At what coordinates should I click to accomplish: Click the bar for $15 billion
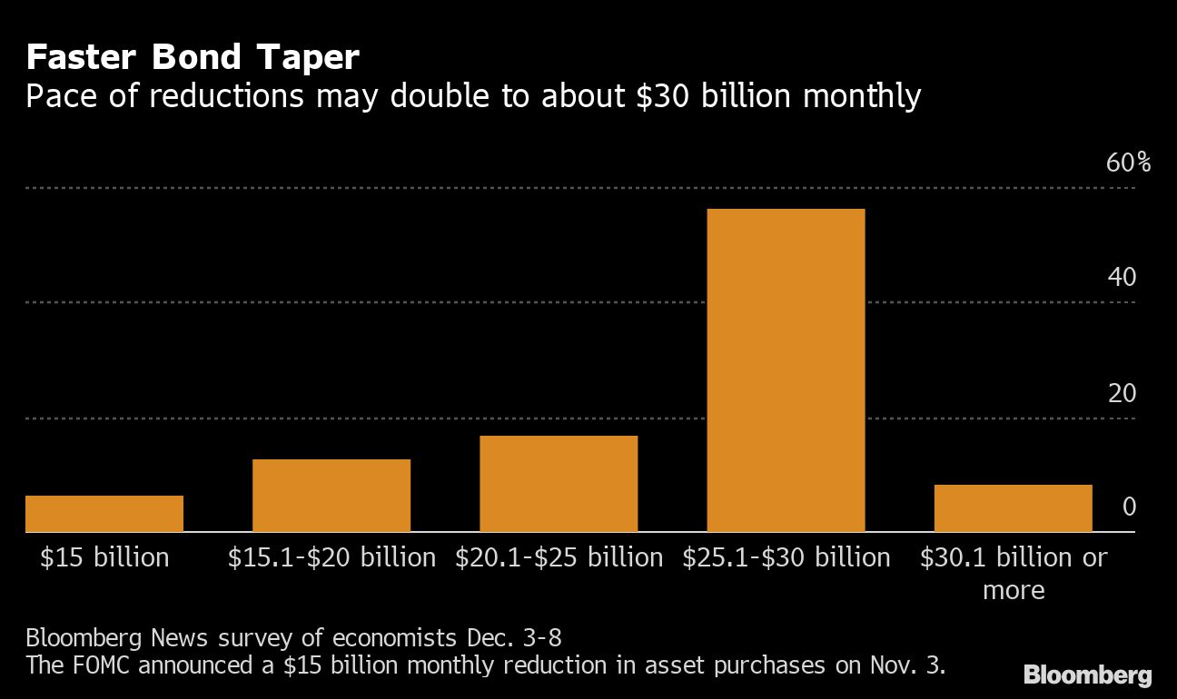pyautogui.click(x=104, y=513)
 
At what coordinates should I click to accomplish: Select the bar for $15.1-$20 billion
pyautogui.click(x=331, y=495)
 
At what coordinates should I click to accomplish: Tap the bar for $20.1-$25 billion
pyautogui.click(x=559, y=483)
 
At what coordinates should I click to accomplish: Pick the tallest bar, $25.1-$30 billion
pyautogui.click(x=786, y=370)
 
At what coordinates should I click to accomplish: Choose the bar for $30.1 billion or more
pyautogui.click(x=1013, y=507)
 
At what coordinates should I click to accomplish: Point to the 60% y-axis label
pyautogui.click(x=1128, y=163)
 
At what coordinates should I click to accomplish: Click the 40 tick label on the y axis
pyautogui.click(x=1122, y=277)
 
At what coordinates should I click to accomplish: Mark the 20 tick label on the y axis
pyautogui.click(x=1122, y=393)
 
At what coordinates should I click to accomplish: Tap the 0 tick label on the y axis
pyautogui.click(x=1129, y=507)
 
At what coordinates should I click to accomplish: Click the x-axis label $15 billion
pyautogui.click(x=104, y=556)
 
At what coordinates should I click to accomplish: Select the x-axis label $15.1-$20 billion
pyautogui.click(x=331, y=556)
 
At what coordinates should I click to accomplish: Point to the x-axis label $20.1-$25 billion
pyautogui.click(x=559, y=556)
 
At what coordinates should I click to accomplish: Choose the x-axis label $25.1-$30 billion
pyautogui.click(x=786, y=556)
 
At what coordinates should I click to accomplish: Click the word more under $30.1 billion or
pyautogui.click(x=1014, y=590)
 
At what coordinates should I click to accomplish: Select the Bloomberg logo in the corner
pyautogui.click(x=1087, y=674)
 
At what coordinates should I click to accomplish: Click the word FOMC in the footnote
pyautogui.click(x=109, y=665)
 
